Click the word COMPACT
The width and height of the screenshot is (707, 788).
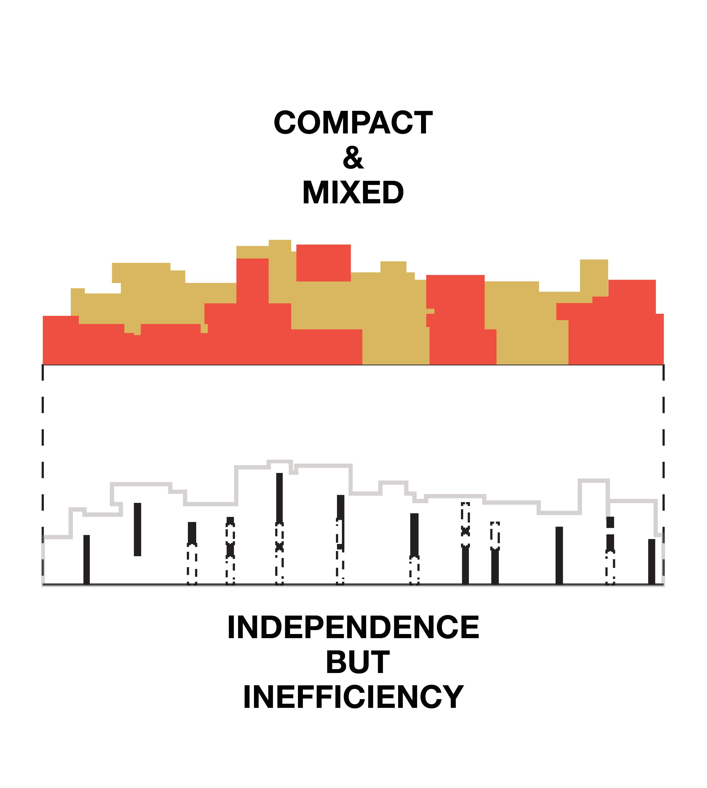pyautogui.click(x=353, y=123)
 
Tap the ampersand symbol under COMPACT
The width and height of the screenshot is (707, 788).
pyautogui.click(x=353, y=158)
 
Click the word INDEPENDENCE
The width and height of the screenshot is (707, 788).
pyautogui.click(x=353, y=627)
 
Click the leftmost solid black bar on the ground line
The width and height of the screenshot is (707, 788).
pyautogui.click(x=87, y=559)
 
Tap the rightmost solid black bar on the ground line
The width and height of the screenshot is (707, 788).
pyautogui.click(x=652, y=561)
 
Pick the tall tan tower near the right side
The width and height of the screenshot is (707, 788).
pyautogui.click(x=594, y=276)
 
